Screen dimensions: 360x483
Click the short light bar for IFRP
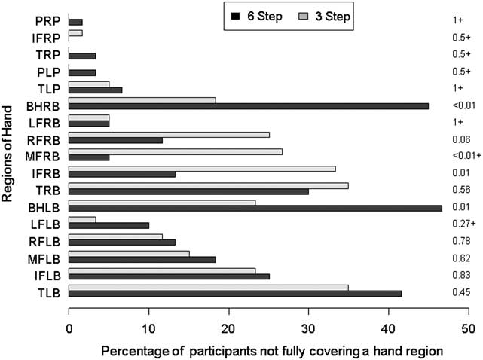point(75,33)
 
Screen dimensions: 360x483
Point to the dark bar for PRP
point(75,23)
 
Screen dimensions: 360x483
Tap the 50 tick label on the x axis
point(468,328)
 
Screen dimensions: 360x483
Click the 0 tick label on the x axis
point(69,328)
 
